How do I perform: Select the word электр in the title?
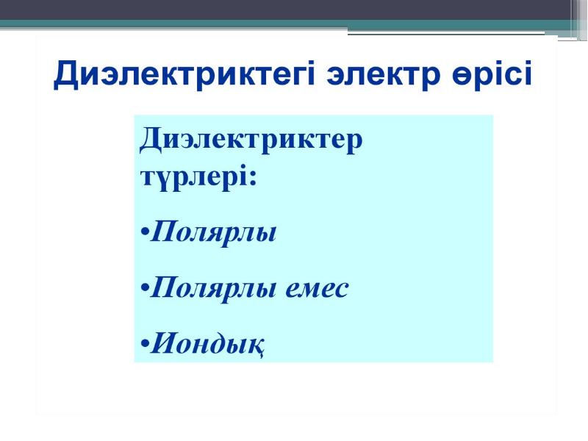pyautogui.click(x=383, y=74)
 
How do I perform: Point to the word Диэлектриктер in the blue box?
pyautogui.click(x=251, y=140)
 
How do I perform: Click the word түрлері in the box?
pyautogui.click(x=194, y=177)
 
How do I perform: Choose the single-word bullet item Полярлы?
pyautogui.click(x=213, y=232)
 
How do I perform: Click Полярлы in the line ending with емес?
pyautogui.click(x=213, y=288)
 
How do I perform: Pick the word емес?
pyautogui.click(x=317, y=289)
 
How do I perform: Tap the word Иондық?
pyautogui.click(x=207, y=343)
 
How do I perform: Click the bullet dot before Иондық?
pyautogui.click(x=145, y=343)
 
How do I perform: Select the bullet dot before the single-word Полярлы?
pyautogui.click(x=145, y=232)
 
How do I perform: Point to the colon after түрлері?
pyautogui.click(x=253, y=178)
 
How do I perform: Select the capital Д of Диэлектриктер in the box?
pyautogui.click(x=151, y=140)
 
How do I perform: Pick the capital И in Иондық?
pyautogui.click(x=162, y=343)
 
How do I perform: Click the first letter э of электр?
pyautogui.click(x=336, y=76)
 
